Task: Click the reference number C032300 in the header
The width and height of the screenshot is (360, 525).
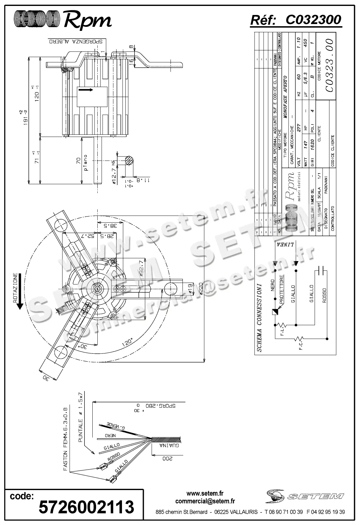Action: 313,20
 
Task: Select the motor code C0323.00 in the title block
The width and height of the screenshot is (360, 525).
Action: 329,65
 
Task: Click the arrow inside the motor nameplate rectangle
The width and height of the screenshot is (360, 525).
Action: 86,90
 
